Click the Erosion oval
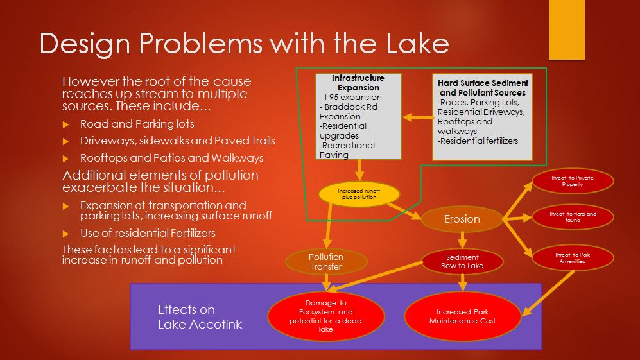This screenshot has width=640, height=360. coord(462,219)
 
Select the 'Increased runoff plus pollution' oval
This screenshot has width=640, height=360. coord(359,194)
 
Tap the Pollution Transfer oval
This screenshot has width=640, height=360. coord(327,262)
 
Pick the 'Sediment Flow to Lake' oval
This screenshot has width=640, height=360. coord(462,262)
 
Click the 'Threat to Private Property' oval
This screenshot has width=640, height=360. coord(572,181)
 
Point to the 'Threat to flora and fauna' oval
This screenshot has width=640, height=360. coord(573,218)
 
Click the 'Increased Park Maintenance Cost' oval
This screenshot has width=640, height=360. coord(462,316)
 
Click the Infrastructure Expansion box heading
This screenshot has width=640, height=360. coord(358,83)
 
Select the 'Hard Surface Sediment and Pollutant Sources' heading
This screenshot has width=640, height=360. coord(483,88)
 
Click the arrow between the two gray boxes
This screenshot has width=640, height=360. coord(417,117)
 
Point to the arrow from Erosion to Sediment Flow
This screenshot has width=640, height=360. coord(462,240)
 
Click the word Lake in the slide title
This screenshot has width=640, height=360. coord(413,43)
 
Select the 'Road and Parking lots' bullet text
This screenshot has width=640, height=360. coord(137,124)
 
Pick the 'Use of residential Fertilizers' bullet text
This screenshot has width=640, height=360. coord(148,233)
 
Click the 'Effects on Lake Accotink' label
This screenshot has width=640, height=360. coord(200,317)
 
